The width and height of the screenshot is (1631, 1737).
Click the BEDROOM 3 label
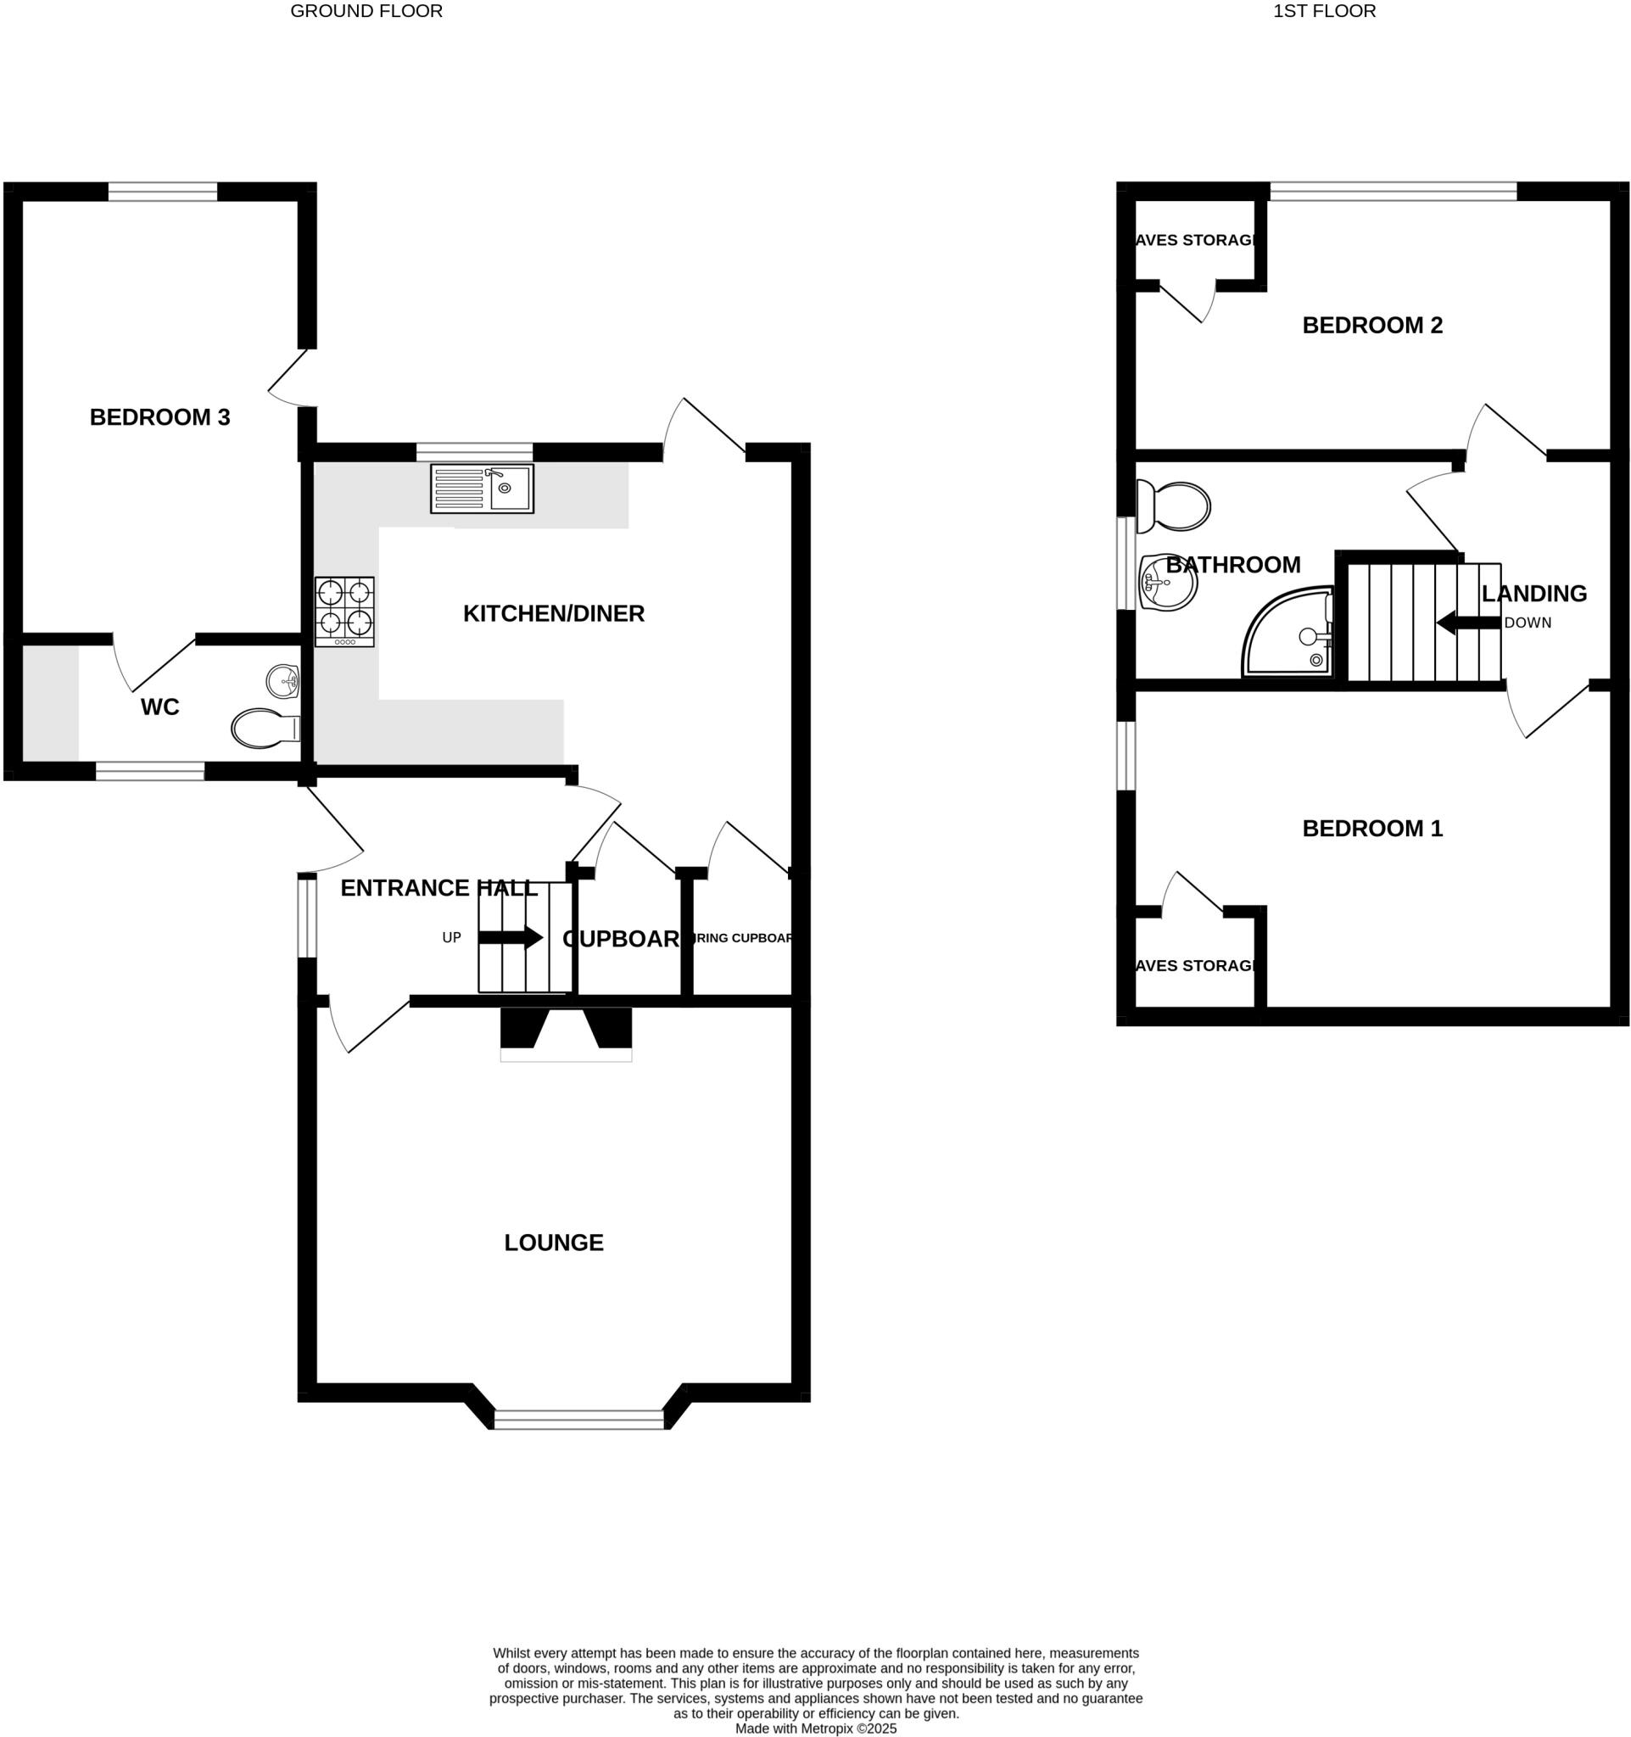pos(159,417)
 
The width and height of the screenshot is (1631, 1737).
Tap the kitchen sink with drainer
pos(482,489)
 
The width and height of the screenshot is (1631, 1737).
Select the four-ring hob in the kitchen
pos(344,611)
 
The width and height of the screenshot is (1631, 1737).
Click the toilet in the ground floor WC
pos(265,728)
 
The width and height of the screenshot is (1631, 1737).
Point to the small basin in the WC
pos(283,681)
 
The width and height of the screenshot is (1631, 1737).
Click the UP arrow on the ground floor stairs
pos(511,938)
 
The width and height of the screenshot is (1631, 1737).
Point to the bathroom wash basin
pos(1167,582)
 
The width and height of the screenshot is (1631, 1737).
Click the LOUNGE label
pos(554,1243)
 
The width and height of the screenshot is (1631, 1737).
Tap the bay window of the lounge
pos(578,1419)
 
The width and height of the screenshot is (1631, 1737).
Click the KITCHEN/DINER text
pos(554,613)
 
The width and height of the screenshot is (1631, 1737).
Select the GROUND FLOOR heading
pos(366,11)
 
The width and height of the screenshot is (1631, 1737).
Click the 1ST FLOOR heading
pos(1323,11)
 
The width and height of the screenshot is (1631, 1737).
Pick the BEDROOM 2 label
pos(1371,326)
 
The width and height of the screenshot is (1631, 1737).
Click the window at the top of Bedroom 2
pos(1393,191)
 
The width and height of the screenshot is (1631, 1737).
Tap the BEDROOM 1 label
pos(1371,829)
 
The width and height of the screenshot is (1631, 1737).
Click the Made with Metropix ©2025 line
pos(815,1729)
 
